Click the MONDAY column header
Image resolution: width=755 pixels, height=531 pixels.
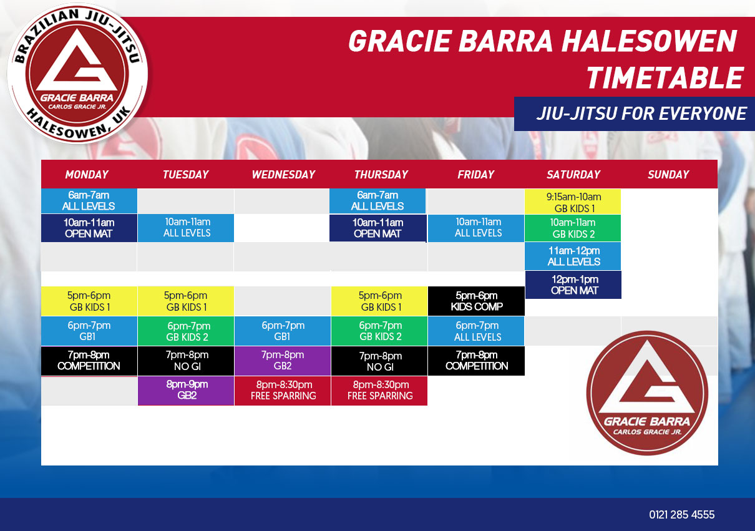87,174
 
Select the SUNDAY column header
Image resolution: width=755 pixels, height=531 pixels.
668,174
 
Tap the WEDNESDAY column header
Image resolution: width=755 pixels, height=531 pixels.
283,174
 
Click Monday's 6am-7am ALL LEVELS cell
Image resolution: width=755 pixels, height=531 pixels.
89,200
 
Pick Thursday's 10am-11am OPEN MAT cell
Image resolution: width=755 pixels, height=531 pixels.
378,228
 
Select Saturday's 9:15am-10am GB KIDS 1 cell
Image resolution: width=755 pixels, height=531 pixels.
573,202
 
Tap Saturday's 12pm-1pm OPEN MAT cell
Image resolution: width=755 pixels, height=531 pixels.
573,285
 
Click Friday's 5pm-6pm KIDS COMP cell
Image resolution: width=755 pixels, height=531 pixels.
476,301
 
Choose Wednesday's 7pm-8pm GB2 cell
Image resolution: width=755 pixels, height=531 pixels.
283,361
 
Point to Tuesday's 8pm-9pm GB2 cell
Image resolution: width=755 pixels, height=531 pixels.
186,391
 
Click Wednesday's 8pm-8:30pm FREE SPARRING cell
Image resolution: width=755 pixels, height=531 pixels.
283,391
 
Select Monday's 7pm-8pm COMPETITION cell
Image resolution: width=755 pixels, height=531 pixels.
89,361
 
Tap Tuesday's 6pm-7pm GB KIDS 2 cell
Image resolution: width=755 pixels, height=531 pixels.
186,331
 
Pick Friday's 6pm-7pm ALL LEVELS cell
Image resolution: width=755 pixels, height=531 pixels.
476,331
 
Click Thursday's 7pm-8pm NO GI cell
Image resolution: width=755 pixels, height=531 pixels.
379,361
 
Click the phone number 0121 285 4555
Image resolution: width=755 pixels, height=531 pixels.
681,515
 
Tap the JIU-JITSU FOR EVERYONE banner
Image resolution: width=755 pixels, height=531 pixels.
635,114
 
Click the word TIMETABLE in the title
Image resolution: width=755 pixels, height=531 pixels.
665,77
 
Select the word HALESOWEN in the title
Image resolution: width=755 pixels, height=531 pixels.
649,41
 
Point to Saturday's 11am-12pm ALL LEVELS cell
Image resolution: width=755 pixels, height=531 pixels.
573,256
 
